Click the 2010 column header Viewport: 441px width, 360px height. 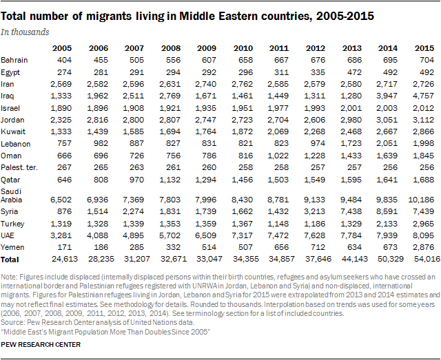click(243, 48)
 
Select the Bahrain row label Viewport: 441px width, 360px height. click(14, 60)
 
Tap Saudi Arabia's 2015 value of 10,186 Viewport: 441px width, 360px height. click(421, 200)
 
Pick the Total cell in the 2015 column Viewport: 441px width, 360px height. click(427, 259)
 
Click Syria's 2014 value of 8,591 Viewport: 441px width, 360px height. click(387, 211)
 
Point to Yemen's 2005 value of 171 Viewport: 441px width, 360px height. click(64, 247)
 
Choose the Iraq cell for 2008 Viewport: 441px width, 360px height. click(170, 96)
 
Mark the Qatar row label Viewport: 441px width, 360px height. click(10, 180)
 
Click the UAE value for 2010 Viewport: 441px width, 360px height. click(242, 235)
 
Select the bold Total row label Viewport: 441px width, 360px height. click(10, 260)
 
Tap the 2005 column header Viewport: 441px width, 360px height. click(62, 48)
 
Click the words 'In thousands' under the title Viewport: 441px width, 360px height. click(25, 32)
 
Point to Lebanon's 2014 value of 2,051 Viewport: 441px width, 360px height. click(387, 144)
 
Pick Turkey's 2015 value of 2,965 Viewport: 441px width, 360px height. click(424, 224)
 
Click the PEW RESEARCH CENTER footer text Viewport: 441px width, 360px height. click(41, 345)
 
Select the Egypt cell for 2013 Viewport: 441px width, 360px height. click(354, 72)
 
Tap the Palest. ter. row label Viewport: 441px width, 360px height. click(19, 167)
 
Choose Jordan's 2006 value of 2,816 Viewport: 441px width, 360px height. click(97, 120)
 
